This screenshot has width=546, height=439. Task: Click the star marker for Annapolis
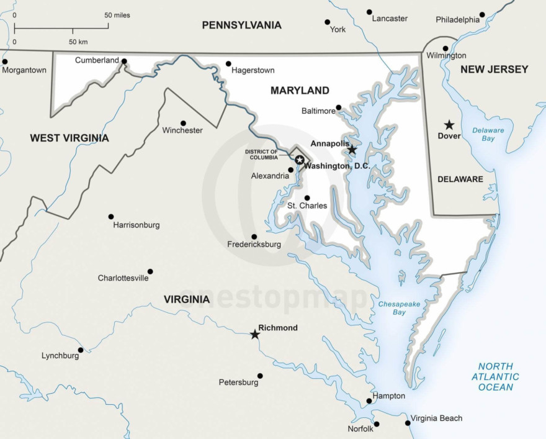(x=352, y=150)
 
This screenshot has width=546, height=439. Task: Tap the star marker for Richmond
(x=255, y=335)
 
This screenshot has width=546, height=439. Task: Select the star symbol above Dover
(x=449, y=125)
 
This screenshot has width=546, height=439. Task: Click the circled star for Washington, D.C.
(x=300, y=160)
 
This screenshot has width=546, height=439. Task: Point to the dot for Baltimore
(x=339, y=107)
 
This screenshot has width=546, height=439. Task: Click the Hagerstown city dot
(x=228, y=63)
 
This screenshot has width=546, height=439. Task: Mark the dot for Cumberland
(x=124, y=61)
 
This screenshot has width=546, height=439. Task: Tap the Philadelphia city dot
(x=482, y=14)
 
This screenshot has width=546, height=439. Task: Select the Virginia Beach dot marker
(x=408, y=423)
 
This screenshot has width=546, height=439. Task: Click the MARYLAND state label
(x=300, y=91)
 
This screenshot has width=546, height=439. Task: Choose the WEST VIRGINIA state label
(x=69, y=138)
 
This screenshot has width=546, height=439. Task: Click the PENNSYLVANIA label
(x=241, y=25)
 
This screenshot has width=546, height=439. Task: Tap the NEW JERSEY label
(x=494, y=70)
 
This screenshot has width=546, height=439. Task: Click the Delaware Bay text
(x=488, y=135)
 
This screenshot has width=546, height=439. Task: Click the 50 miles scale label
(x=117, y=15)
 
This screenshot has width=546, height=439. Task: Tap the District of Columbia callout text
(x=261, y=155)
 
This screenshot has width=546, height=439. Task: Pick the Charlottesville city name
(x=123, y=278)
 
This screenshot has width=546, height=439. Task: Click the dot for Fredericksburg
(x=254, y=237)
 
